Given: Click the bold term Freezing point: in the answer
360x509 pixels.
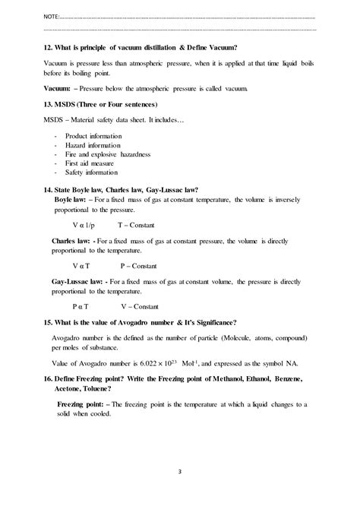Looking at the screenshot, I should [83, 404].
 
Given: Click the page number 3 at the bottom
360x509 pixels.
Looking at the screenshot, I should [180, 492].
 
